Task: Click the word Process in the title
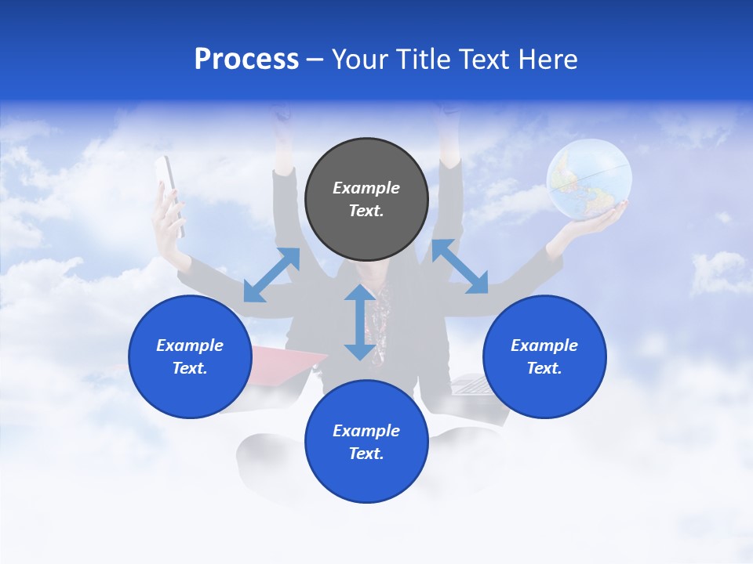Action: coord(246,60)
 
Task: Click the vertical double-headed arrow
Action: coord(360,322)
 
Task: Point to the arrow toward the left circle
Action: coord(271,275)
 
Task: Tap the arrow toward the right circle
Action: coord(460,266)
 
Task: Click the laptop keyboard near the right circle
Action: coord(470,385)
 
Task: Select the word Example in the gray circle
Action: coord(366,188)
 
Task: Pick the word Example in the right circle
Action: coord(544,345)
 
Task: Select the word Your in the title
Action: coord(362,60)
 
